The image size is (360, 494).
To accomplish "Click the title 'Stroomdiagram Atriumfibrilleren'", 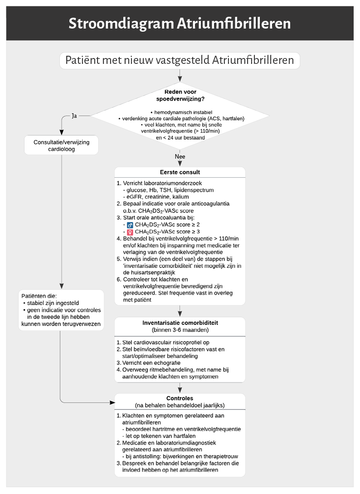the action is [x=180, y=24].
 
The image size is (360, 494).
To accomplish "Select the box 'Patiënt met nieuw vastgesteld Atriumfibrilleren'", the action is [x=180, y=60].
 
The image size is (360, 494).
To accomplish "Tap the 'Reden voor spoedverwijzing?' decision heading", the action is [x=180, y=96].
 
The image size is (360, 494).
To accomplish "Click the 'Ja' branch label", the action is [x=74, y=116].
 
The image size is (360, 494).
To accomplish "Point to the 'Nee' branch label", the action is [x=180, y=156].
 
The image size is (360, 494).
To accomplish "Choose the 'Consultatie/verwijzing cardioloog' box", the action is [x=62, y=145].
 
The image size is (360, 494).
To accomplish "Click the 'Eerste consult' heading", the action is [x=180, y=172].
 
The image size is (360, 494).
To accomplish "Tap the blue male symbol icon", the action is [x=130, y=225].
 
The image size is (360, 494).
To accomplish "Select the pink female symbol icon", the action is [x=130, y=232].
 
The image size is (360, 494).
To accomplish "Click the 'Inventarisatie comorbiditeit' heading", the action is [x=180, y=323].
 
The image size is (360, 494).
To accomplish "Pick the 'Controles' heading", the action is [x=180, y=398].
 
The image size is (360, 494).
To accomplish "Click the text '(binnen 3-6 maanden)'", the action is [x=180, y=330].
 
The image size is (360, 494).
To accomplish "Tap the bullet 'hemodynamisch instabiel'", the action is [x=181, y=112].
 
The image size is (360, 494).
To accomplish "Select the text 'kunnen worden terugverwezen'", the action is [x=61, y=324].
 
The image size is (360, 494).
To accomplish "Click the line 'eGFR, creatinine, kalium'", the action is [x=156, y=197].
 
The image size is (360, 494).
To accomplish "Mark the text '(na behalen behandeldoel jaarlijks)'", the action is [x=180, y=406].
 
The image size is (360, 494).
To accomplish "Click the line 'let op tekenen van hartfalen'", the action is [x=159, y=436].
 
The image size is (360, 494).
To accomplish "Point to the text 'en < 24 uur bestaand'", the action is [x=180, y=138].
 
